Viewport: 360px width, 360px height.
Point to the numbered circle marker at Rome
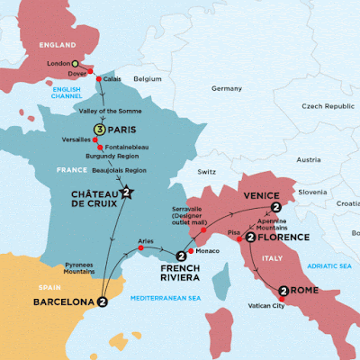(x=284, y=291)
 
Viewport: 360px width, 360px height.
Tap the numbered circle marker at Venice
(x=275, y=208)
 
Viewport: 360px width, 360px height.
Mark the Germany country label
(x=227, y=88)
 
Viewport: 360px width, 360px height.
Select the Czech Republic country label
(x=323, y=106)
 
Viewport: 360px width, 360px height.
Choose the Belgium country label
(x=147, y=79)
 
